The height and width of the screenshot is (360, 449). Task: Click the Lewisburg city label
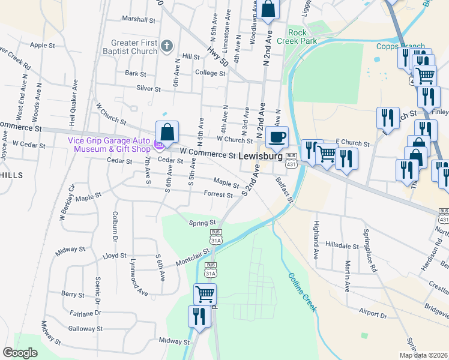point(261,155)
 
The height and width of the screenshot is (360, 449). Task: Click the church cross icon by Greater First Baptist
point(167,45)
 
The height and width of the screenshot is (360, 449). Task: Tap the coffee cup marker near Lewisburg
point(277,137)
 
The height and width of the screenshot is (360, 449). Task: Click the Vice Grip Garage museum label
point(108,145)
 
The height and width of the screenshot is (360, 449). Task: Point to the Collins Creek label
point(301,293)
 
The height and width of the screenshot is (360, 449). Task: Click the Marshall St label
point(139,19)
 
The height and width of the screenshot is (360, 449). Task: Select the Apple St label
point(42,45)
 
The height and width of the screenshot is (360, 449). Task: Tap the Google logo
point(20,353)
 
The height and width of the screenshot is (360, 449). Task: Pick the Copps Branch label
point(400,46)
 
